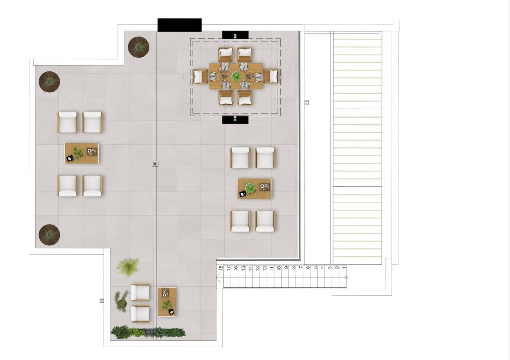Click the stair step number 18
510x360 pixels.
coord(221,268)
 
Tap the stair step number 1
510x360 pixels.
coord(344,268)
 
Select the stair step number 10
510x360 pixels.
coord(279,268)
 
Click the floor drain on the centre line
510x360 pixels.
coord(155,164)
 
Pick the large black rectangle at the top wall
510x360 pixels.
coord(179,25)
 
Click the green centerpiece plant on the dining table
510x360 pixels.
coord(236,76)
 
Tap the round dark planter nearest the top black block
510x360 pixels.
coord(139,47)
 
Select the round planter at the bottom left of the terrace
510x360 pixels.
coord(49,235)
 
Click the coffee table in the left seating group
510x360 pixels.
coord(82,153)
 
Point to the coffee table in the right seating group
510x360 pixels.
coord(254,189)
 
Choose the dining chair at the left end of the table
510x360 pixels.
coord(200,76)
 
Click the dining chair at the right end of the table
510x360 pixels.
coord(271,76)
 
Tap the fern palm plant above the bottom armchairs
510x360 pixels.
coord(128,266)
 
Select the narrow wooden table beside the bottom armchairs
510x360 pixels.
coord(167,302)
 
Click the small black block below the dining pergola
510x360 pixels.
coord(235,119)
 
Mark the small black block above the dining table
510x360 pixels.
coord(235,35)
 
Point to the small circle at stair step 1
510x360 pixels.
coord(346,277)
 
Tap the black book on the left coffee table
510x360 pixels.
coord(70,158)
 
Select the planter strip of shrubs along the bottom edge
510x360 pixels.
coord(148,332)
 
